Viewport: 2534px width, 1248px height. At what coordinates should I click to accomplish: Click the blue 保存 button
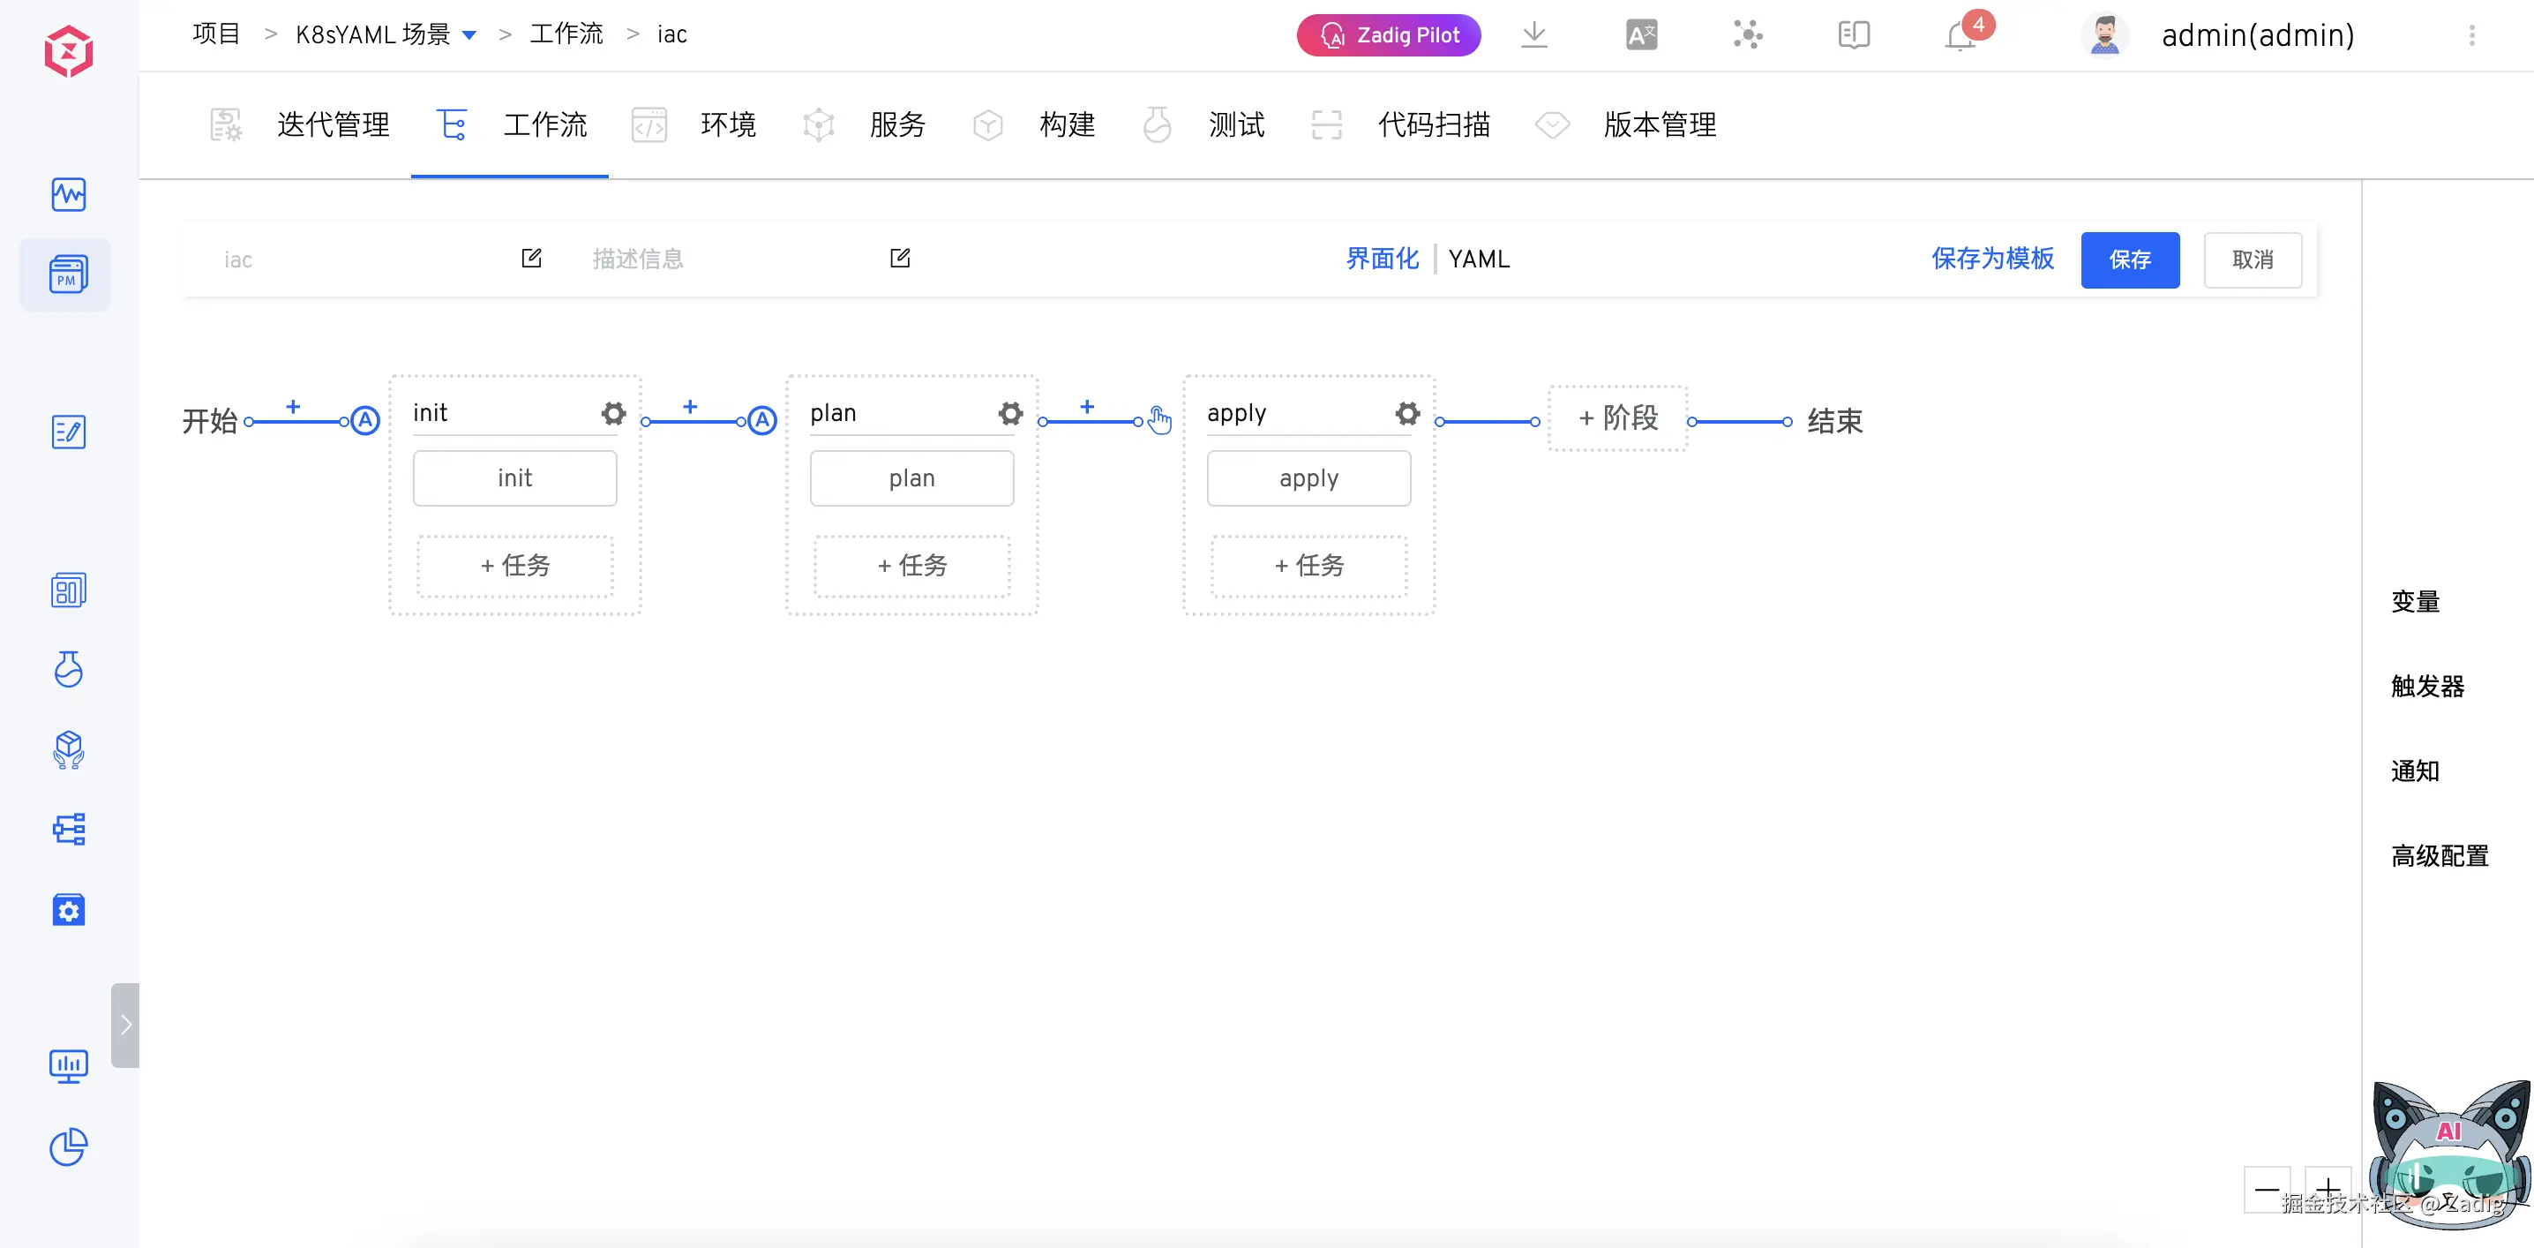(x=2130, y=259)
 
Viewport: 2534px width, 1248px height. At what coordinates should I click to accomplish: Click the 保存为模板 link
(x=1993, y=259)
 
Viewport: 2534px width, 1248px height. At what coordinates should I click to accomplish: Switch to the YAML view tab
(x=1479, y=259)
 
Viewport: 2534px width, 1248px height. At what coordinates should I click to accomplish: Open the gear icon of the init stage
(x=614, y=413)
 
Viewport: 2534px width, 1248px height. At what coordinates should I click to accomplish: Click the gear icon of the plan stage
(x=1011, y=413)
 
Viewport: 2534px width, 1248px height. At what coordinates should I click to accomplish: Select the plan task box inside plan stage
(x=912, y=478)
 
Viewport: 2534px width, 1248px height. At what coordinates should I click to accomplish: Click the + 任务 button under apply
(x=1309, y=566)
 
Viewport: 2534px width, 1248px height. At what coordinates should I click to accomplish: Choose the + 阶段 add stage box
(x=1618, y=418)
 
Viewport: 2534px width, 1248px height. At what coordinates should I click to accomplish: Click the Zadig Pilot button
(x=1389, y=35)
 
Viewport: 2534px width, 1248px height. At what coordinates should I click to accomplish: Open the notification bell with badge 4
(x=1960, y=35)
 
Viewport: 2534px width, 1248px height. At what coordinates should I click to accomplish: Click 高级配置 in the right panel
(x=2440, y=856)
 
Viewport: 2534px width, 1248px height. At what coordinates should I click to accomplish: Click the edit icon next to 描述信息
(x=900, y=258)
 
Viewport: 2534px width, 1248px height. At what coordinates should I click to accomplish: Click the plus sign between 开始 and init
(x=293, y=407)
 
